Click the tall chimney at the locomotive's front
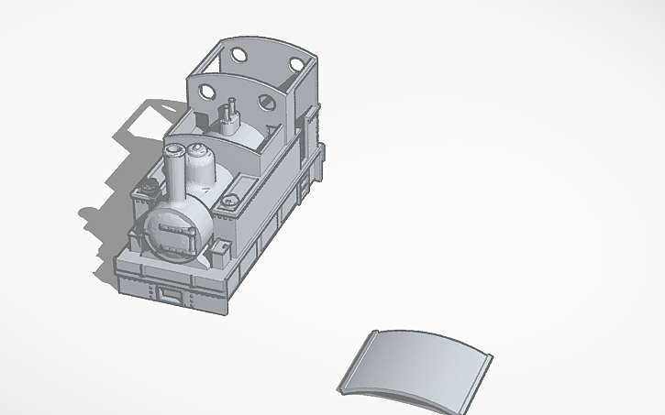click(x=172, y=169)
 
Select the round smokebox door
click(x=175, y=230)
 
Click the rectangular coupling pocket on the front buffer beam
click(x=170, y=294)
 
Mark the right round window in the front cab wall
click(x=269, y=104)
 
